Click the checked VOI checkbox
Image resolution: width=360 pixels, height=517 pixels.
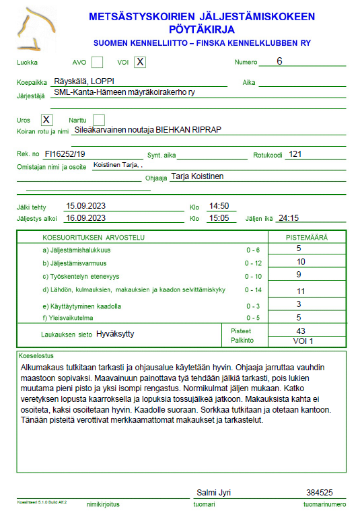click(140, 63)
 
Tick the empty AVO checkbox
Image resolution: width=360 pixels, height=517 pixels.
click(98, 63)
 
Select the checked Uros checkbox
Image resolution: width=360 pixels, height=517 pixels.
click(46, 120)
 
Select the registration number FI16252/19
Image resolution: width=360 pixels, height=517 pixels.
click(65, 154)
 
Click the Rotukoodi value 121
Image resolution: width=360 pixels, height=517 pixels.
click(294, 154)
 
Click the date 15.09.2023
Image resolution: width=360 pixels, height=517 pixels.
click(85, 206)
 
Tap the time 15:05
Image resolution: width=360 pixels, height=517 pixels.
click(219, 218)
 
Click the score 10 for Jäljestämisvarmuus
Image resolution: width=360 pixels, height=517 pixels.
click(301, 262)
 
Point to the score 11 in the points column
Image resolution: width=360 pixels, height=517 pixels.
click(301, 291)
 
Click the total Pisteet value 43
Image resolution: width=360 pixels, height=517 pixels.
click(301, 331)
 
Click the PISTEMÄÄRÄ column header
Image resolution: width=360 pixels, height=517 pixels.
click(307, 238)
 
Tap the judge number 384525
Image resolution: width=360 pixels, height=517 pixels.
click(319, 493)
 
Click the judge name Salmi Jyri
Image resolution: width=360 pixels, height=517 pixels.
click(213, 493)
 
